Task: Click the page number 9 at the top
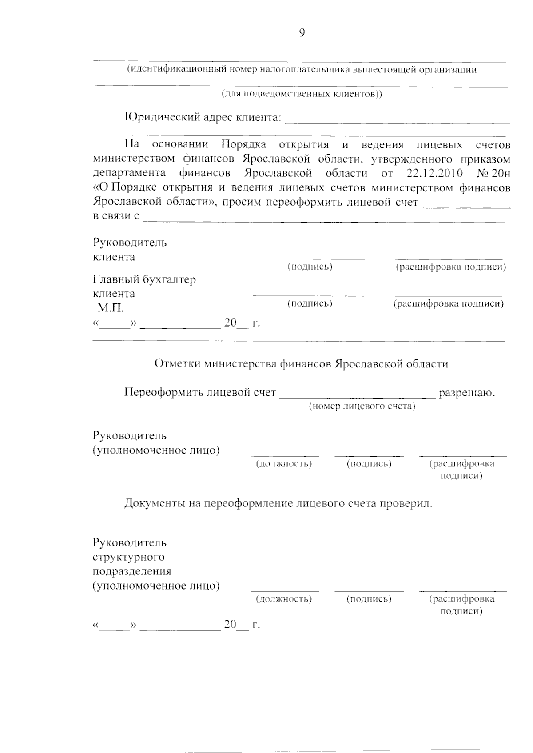tap(302, 33)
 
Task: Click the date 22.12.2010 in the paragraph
tap(434, 173)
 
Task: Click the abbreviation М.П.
tap(111, 308)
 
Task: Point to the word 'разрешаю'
tap(466, 393)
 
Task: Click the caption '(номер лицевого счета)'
tap(362, 406)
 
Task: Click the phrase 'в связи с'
tap(116, 216)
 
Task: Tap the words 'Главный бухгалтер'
tap(144, 279)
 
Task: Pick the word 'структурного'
tap(128, 557)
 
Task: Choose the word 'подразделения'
tap(132, 571)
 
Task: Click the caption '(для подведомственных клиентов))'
tap(302, 94)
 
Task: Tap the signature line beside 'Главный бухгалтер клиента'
tap(309, 295)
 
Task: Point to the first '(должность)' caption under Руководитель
tap(284, 464)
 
